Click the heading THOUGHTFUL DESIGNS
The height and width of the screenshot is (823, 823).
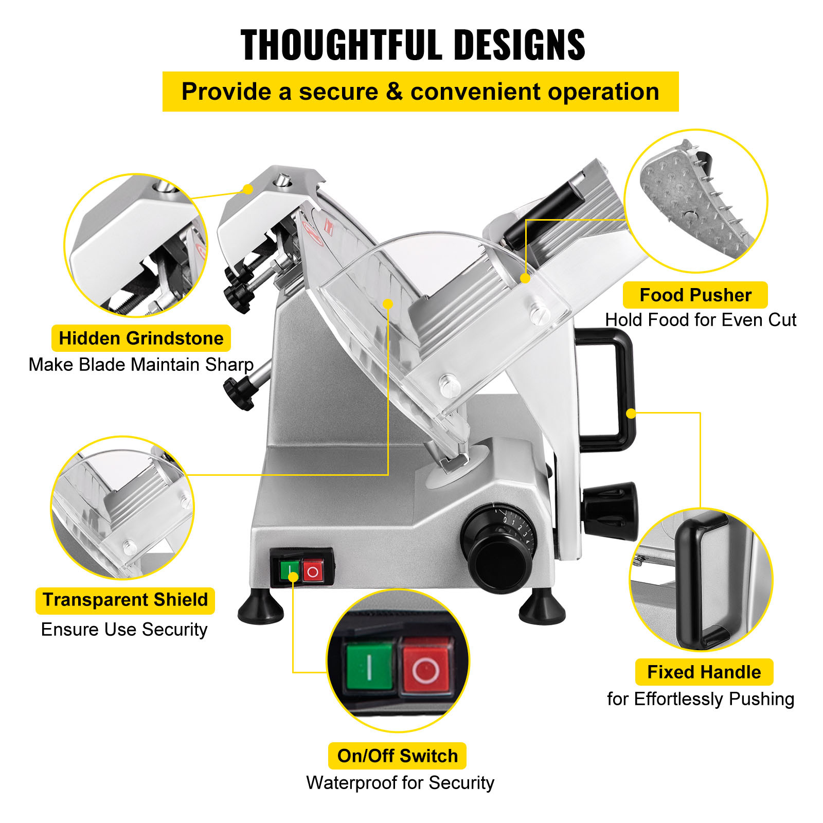(413, 45)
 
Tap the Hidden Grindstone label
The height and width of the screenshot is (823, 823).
(141, 338)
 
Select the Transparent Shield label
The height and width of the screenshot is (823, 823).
(125, 600)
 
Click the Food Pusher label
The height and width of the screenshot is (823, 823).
(695, 295)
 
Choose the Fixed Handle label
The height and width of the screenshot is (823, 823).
(704, 672)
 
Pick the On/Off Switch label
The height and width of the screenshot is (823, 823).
(397, 756)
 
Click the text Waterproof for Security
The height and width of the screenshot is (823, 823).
(400, 783)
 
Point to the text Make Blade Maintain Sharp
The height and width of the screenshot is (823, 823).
(141, 365)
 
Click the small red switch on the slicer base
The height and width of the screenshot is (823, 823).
(313, 571)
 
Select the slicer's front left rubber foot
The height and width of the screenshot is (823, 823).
(261, 608)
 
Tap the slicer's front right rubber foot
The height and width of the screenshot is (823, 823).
(542, 608)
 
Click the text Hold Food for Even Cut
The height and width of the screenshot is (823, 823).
(700, 320)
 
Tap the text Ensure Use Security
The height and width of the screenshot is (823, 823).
(124, 630)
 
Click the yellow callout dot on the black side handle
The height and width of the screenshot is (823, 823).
(631, 414)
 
